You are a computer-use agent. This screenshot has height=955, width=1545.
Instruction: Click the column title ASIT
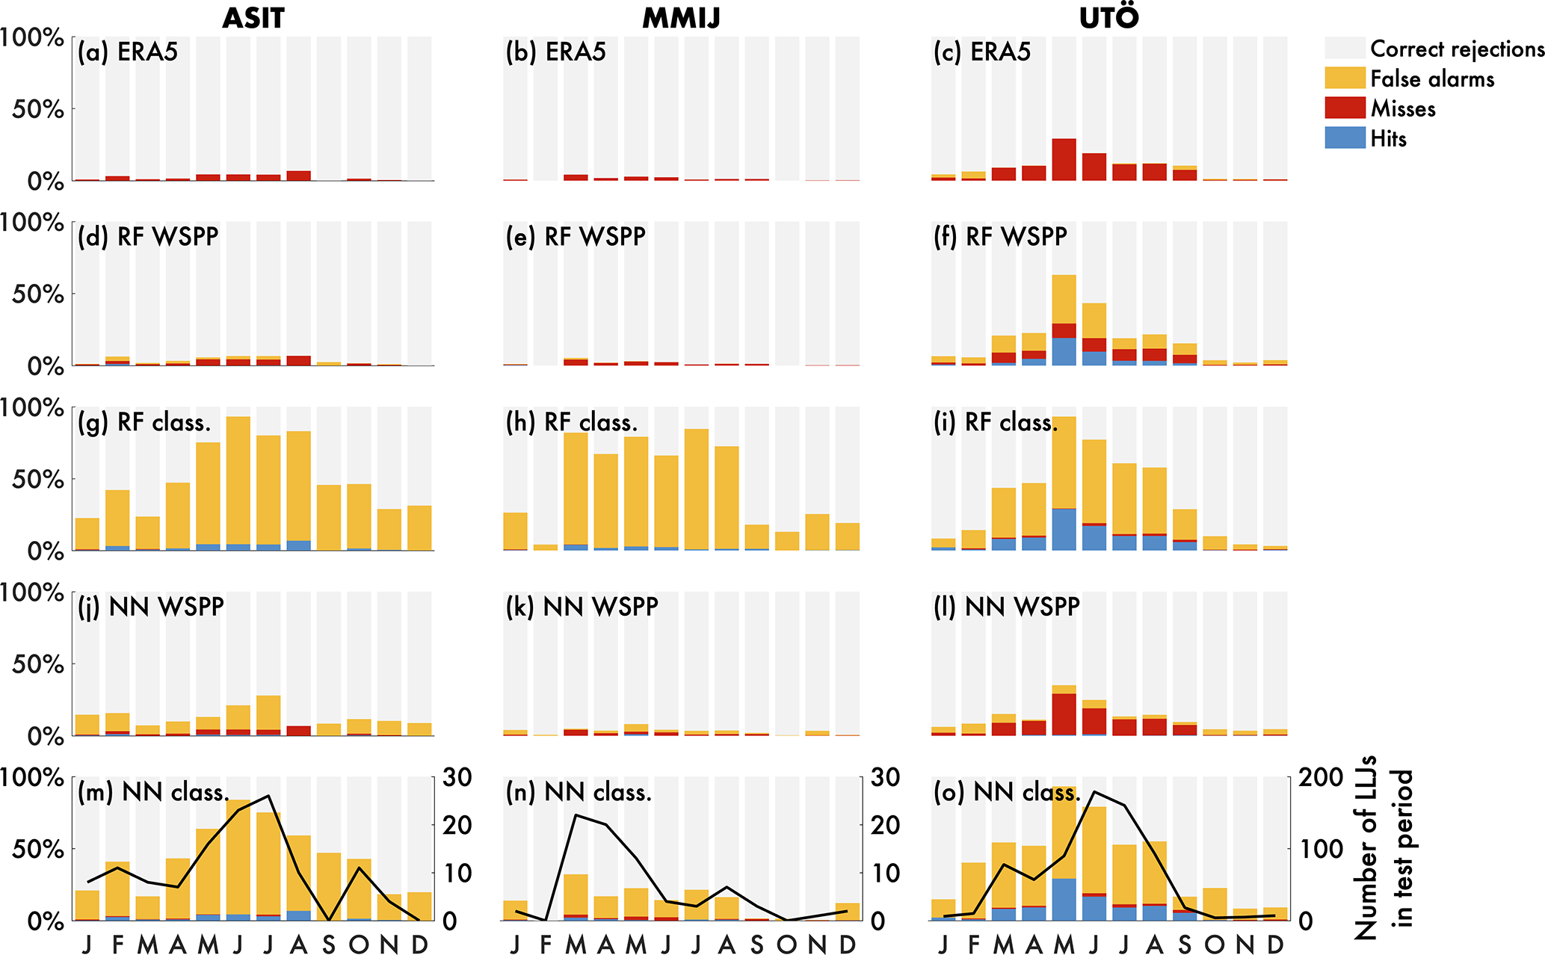point(253,18)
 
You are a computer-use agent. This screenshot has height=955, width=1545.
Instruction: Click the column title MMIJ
point(681,18)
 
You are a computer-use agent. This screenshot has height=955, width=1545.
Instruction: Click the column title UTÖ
point(1108,18)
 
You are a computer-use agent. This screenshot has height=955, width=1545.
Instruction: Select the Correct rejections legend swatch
point(1345,49)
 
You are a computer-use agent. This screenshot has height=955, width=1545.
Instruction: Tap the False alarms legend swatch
point(1345,78)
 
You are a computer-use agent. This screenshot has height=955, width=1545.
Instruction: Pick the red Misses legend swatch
point(1345,108)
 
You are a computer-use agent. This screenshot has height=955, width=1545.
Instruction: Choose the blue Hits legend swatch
point(1345,138)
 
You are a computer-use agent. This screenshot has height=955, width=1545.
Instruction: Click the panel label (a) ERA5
point(128,52)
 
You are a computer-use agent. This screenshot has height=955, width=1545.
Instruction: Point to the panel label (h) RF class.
point(572,422)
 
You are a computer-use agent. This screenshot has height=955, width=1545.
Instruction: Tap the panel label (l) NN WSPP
point(1007,607)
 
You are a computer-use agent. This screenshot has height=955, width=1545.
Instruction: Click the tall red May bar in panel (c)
point(1064,159)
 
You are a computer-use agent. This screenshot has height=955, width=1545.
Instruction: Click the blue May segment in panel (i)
point(1064,530)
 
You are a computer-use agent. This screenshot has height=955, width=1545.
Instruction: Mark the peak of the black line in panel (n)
point(576,815)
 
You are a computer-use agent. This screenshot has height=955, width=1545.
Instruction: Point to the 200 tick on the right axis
point(1321,778)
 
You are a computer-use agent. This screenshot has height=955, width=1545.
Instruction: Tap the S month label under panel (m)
point(329,945)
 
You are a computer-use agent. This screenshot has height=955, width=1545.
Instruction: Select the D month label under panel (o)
point(1275,945)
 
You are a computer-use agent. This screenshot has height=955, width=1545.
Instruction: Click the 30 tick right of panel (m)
point(457,778)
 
